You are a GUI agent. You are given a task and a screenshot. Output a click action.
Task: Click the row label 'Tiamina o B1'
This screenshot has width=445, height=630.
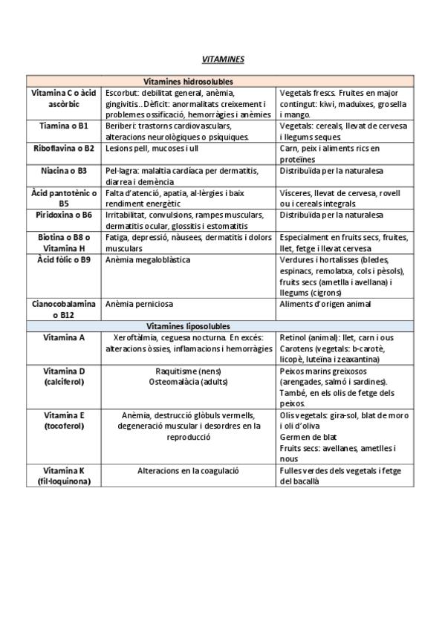[x=64, y=126]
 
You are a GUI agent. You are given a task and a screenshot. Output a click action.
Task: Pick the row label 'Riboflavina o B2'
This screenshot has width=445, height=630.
[x=64, y=149]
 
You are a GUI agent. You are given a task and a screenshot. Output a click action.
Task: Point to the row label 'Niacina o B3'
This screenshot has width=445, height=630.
[x=64, y=171]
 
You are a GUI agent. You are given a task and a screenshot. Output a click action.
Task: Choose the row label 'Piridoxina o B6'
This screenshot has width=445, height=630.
[x=64, y=215]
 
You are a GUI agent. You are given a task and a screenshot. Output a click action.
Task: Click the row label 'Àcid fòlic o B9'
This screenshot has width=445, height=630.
[x=64, y=260]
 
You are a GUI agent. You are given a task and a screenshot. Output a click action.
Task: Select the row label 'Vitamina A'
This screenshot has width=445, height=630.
[x=64, y=337]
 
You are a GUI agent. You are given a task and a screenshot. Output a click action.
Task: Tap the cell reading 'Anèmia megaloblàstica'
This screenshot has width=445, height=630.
[x=148, y=260]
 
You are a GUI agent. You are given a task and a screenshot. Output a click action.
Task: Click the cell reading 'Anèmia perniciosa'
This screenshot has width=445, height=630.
[x=139, y=304]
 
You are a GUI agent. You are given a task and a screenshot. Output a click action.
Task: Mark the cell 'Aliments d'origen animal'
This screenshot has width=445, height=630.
[x=325, y=304]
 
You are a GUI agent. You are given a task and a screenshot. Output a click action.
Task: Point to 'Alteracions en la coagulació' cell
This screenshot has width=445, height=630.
[x=188, y=470]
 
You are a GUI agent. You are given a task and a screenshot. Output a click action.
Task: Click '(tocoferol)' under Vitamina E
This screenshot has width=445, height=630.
[x=64, y=426]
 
